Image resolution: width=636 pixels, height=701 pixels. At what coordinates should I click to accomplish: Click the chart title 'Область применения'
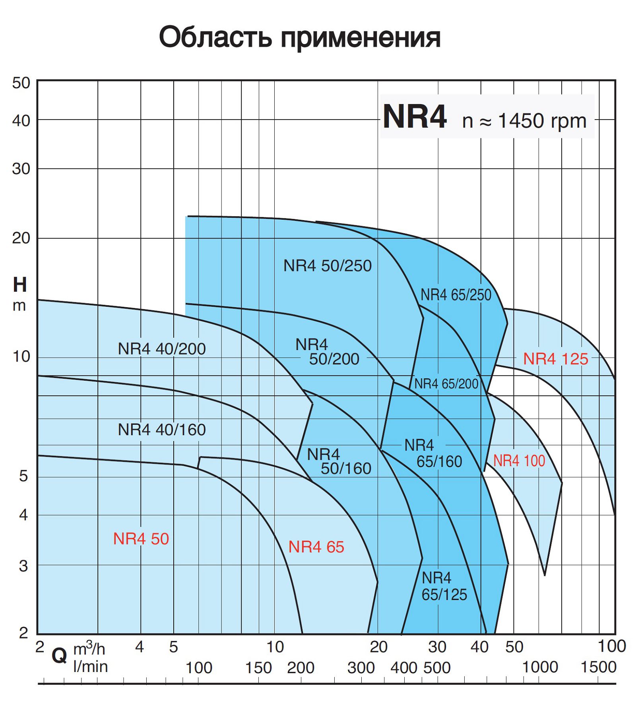(300, 38)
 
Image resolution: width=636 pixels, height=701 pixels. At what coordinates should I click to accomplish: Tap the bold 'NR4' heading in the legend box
(415, 117)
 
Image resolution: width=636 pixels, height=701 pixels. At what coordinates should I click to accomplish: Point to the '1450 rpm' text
(542, 120)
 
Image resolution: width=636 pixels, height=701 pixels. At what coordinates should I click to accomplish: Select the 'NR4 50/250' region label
(327, 266)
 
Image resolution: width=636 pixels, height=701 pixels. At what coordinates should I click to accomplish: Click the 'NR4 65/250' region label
(456, 295)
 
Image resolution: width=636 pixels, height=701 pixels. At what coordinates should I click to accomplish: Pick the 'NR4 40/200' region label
(162, 349)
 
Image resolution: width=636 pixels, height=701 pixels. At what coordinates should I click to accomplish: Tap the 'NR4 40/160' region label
(162, 430)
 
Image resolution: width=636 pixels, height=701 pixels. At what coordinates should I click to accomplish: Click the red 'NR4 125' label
(555, 359)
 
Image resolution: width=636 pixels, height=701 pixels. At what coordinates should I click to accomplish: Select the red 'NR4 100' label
(519, 461)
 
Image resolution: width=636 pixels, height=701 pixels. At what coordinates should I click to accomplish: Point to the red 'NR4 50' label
(141, 539)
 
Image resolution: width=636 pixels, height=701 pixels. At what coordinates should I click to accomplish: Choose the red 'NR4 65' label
(316, 547)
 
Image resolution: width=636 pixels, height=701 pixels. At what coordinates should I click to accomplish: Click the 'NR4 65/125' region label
(444, 586)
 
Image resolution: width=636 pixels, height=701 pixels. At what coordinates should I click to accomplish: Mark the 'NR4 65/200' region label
(446, 384)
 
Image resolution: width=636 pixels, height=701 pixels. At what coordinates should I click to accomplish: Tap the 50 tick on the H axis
(21, 83)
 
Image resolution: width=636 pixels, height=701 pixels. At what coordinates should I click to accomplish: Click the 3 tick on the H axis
(23, 566)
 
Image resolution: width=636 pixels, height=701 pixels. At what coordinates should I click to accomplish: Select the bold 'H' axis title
(20, 285)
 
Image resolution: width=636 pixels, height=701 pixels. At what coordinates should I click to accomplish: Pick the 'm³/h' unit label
(89, 649)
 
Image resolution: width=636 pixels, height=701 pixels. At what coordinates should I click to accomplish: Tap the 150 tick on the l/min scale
(258, 668)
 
